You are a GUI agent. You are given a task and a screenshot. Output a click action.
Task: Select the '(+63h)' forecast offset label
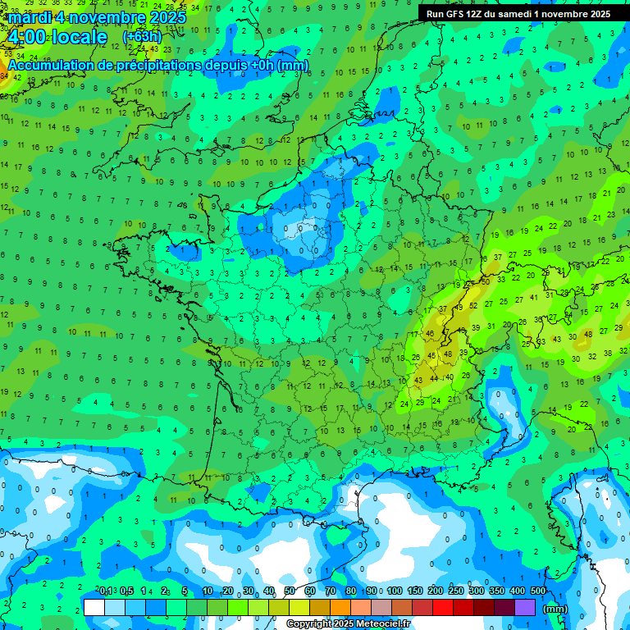[x=142, y=37]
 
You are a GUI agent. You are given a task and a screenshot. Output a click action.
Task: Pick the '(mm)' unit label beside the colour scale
[x=555, y=609]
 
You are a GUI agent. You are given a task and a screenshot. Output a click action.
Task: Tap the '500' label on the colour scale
[x=538, y=591]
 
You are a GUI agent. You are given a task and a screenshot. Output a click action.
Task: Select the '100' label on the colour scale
[x=395, y=591]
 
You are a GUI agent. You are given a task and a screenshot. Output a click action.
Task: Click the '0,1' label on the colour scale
[x=106, y=591]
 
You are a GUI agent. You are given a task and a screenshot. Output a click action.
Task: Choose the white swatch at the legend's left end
[x=94, y=608]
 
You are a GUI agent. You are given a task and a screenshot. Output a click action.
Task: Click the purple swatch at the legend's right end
[x=525, y=608]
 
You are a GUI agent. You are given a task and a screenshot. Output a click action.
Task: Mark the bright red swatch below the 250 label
[x=443, y=608]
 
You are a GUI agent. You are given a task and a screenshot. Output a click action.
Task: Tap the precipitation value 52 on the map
[x=473, y=306]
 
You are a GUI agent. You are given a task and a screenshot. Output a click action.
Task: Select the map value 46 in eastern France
[x=430, y=334]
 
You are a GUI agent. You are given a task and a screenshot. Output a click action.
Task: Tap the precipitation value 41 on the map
[x=536, y=297]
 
